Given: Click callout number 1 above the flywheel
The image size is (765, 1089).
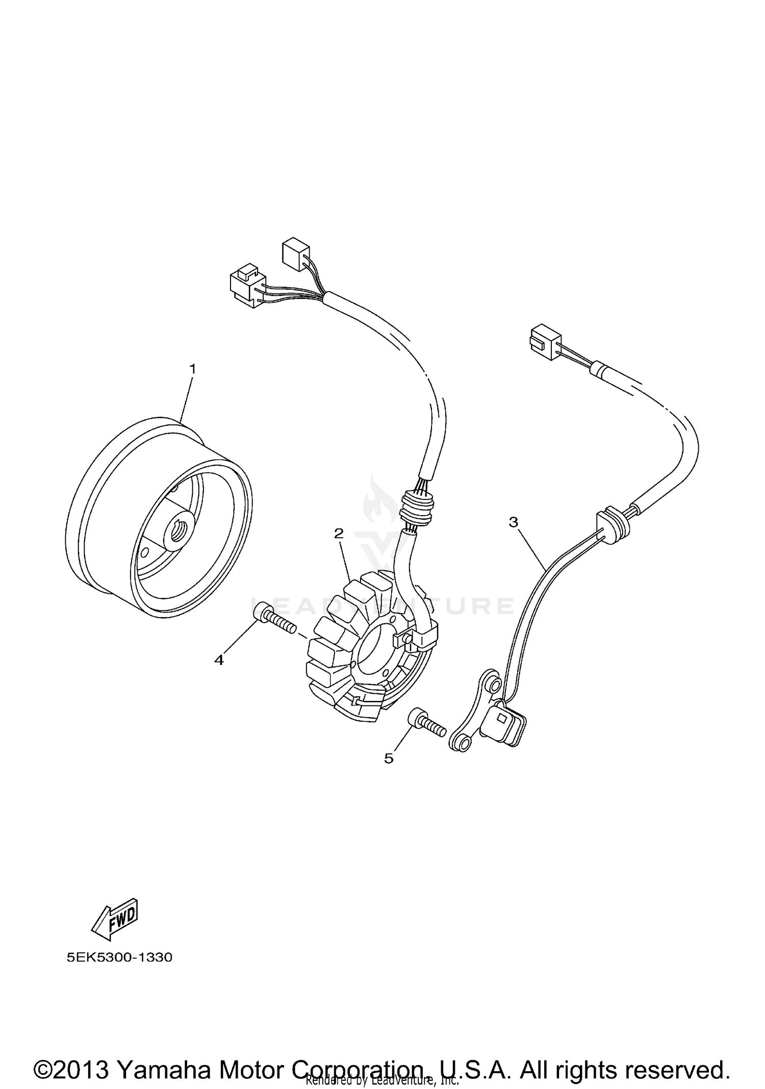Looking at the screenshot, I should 193,368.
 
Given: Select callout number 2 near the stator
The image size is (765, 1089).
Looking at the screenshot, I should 339,534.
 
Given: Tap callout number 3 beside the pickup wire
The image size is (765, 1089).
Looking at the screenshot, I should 513,522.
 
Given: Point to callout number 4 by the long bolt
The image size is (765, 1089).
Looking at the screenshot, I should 219,660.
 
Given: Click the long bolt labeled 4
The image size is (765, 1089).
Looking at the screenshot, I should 274,619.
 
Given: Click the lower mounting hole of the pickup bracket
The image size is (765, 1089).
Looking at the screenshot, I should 462,746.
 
